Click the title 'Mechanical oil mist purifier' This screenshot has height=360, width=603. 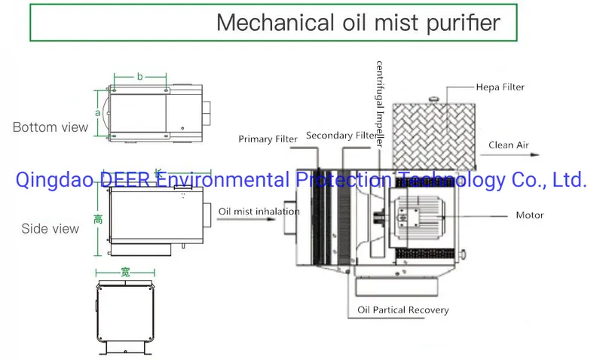point(358,22)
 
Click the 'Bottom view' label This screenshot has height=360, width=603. point(50,127)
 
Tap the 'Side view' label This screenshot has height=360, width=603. point(51,228)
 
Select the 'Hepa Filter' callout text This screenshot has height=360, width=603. point(500,87)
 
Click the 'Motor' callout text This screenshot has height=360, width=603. point(529,215)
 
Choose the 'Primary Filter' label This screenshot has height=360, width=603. point(269,139)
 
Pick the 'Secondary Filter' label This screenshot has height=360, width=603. point(340,136)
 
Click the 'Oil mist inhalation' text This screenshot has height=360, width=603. point(259,212)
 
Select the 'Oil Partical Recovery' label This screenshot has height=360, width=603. point(403,310)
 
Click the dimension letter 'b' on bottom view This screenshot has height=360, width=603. point(140,76)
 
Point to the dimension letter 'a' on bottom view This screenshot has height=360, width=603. point(97,112)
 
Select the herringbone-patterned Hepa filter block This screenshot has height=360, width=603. point(432,133)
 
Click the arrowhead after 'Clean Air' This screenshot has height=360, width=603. point(537,154)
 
